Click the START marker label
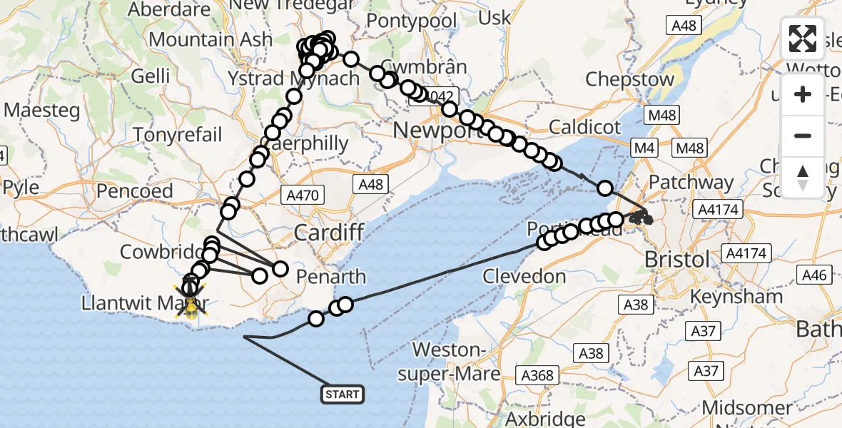pos(343,394)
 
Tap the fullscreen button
pos(803,39)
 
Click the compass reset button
pos(803,177)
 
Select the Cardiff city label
pos(330,233)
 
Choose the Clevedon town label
pos(524,276)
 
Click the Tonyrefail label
pos(178,134)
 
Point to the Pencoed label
pos(135,191)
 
